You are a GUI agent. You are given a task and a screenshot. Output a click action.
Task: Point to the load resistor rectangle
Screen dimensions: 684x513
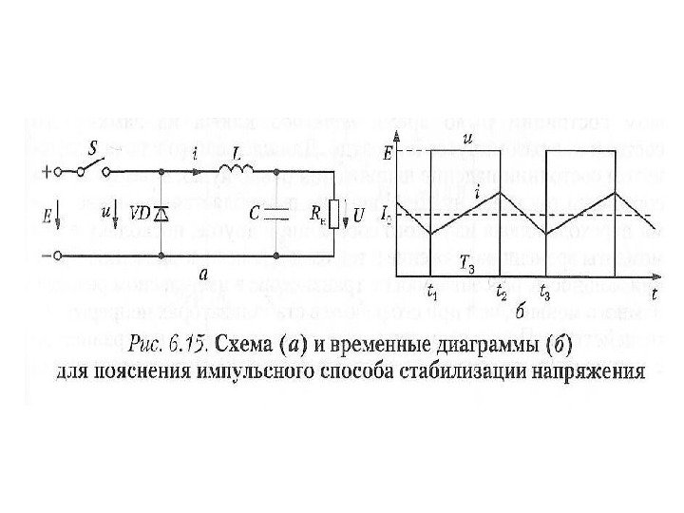click(332, 215)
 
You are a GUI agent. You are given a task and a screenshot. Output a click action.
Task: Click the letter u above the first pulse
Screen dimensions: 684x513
click(467, 140)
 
